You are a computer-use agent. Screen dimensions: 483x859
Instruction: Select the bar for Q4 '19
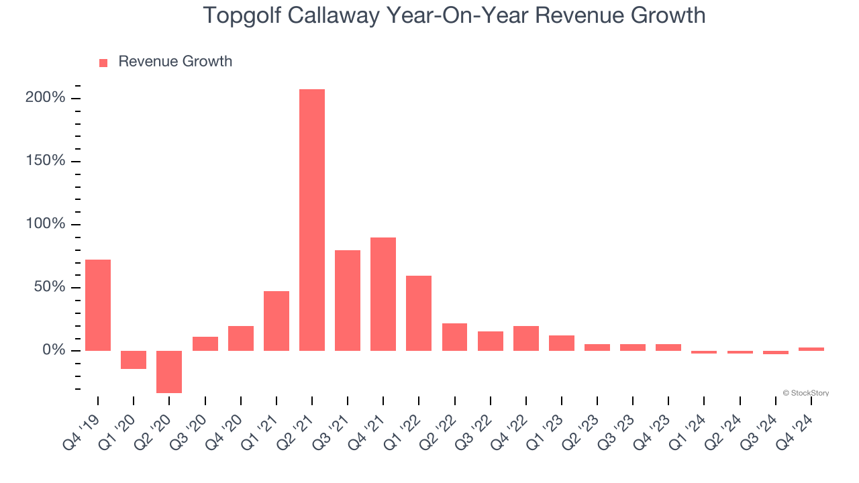(98, 305)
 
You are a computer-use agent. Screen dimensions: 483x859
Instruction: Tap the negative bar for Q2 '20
(169, 372)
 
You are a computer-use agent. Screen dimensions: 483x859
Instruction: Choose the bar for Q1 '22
(419, 313)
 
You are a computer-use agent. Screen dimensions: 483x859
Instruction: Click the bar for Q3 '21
(348, 301)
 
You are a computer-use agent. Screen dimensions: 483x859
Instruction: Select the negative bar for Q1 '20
(134, 360)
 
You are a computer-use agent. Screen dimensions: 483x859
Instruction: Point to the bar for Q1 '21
(276, 321)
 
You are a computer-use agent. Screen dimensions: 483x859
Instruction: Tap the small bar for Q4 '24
(811, 349)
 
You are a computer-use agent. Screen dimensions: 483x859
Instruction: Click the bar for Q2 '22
(454, 337)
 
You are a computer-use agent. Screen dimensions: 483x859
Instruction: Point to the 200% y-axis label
(46, 98)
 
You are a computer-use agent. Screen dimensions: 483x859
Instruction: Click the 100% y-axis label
(46, 224)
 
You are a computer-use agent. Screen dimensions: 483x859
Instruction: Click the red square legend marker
(103, 62)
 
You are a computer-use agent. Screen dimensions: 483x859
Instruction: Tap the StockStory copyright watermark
(805, 393)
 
